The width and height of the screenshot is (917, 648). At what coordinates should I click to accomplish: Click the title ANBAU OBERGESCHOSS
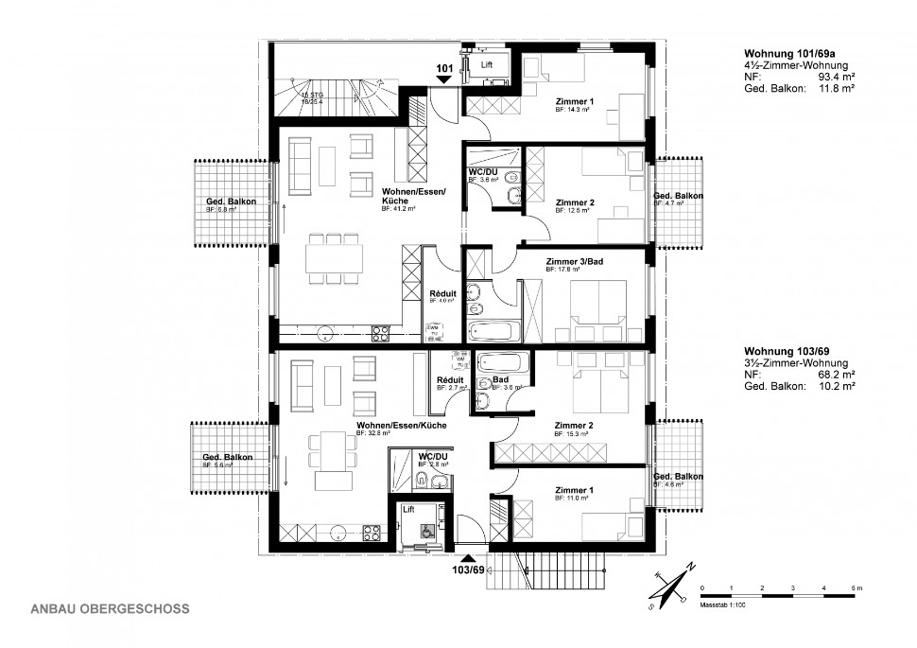click(111, 609)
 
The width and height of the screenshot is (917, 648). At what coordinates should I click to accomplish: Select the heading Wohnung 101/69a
click(787, 52)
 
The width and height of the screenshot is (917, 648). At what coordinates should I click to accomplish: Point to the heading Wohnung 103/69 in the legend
click(784, 351)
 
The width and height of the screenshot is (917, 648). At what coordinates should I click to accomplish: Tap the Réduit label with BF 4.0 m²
click(441, 293)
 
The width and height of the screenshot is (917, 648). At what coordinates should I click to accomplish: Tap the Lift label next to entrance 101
click(487, 64)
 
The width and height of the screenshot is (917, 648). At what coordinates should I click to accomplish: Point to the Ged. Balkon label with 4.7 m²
click(678, 196)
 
